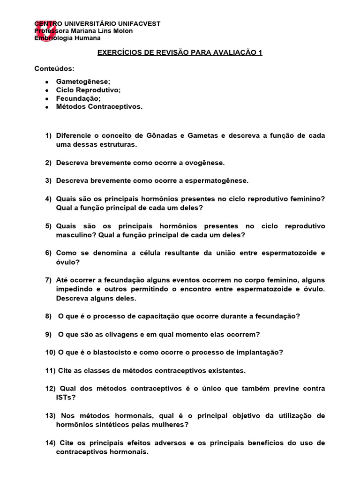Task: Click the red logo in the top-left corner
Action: point(45,30)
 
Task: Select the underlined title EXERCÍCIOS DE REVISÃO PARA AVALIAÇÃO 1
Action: point(180,52)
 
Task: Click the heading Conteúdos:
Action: point(54,69)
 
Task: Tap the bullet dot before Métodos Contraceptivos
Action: point(47,107)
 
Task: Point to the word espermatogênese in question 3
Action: point(217,180)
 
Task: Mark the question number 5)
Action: point(48,226)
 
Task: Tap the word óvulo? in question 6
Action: point(68,262)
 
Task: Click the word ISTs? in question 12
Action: point(66,398)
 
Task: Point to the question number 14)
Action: point(51,443)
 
